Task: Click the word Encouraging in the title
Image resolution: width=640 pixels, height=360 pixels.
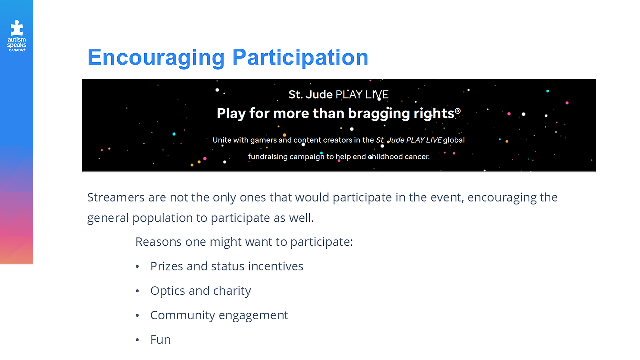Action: pos(156,58)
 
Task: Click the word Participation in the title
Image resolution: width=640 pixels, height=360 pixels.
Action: pos(300,58)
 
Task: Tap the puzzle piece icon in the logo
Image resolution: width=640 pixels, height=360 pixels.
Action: pos(17,28)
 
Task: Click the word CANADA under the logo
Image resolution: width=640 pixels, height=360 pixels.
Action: pos(17,50)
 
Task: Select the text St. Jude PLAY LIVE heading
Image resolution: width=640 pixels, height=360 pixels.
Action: pos(339,94)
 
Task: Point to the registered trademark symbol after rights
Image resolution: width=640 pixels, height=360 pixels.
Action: pos(458,110)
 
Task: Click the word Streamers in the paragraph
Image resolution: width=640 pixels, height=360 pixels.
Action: pos(116,197)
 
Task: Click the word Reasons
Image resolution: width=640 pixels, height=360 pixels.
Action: pos(158,242)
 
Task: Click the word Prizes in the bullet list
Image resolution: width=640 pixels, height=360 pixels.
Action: pos(167,266)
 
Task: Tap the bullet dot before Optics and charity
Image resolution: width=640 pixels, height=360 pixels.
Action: pos(137,291)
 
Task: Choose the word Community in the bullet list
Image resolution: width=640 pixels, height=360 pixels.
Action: pos(183,315)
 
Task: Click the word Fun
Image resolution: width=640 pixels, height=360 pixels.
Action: pos(160,340)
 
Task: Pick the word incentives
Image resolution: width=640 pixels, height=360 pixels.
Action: pos(276,266)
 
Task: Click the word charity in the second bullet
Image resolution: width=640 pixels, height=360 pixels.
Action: pos(232,291)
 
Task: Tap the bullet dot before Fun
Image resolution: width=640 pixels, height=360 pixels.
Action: pos(137,340)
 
